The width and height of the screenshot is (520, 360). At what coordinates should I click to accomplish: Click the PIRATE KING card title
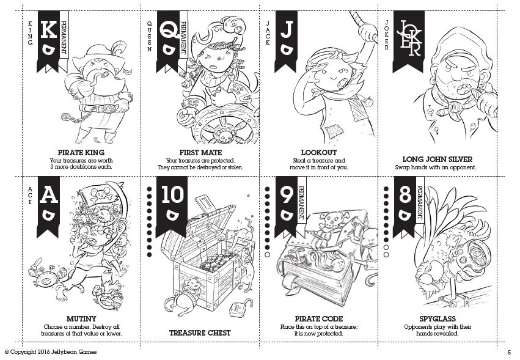(81, 152)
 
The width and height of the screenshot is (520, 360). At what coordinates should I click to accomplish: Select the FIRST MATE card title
(200, 152)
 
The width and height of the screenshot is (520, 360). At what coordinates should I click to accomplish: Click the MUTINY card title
(81, 318)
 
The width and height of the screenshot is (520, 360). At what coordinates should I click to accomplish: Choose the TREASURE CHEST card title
(200, 332)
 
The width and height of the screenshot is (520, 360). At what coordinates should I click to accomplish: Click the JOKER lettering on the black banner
(408, 38)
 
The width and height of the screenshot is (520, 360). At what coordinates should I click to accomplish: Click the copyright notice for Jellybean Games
(50, 352)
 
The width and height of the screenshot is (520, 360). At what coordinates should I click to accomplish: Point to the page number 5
(508, 352)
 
